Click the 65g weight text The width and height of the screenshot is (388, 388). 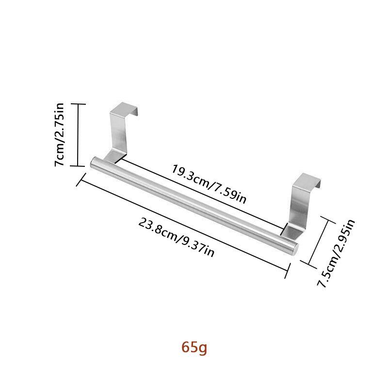[x=194, y=347]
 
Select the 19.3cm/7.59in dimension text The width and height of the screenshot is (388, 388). [x=209, y=183]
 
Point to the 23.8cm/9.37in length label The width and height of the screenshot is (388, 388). [x=176, y=237]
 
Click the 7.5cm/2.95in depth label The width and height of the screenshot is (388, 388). [x=336, y=254]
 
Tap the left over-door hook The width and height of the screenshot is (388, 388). [x=120, y=131]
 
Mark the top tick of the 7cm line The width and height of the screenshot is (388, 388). [x=78, y=104]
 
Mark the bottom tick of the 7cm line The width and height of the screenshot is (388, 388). [x=78, y=166]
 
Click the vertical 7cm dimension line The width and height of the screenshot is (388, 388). [x=78, y=135]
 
